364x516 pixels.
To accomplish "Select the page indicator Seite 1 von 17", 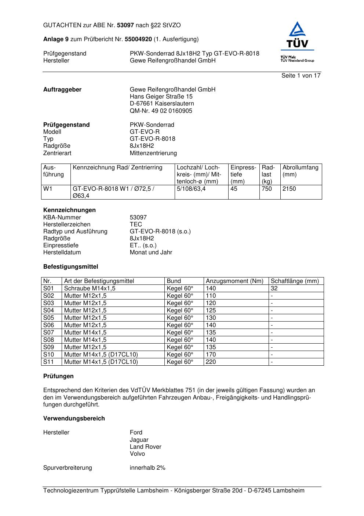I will (x=301, y=75).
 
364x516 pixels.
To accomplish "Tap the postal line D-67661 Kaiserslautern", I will (x=162, y=104).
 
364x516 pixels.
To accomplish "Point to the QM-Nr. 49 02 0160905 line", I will (x=161, y=111).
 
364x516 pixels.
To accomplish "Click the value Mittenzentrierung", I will (x=153, y=153).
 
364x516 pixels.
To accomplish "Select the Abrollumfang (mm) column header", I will (x=301, y=171).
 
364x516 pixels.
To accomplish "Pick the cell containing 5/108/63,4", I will (x=191, y=189).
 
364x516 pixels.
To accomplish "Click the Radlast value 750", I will (x=267, y=189).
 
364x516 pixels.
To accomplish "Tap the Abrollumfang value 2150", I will (x=289, y=189).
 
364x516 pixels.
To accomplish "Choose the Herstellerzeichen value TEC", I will (x=136, y=224).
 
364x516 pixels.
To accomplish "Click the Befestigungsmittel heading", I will (x=70, y=266).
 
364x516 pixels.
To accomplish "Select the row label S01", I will (x=48, y=289).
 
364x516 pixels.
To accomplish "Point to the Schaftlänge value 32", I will (x=274, y=289).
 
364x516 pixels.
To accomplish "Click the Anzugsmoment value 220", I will (x=211, y=362).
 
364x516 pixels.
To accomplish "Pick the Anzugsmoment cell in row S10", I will (x=211, y=355).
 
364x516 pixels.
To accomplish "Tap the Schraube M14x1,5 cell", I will (x=90, y=289).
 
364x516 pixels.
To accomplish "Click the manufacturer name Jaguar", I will (x=139, y=440).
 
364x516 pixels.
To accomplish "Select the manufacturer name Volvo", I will (x=137, y=454).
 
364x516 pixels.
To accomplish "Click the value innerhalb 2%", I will (x=148, y=468).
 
